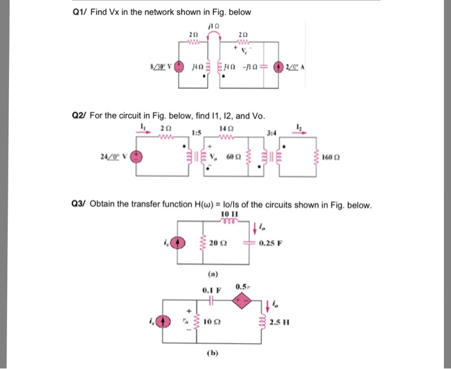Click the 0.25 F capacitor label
(268, 243)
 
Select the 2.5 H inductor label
(279, 321)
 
